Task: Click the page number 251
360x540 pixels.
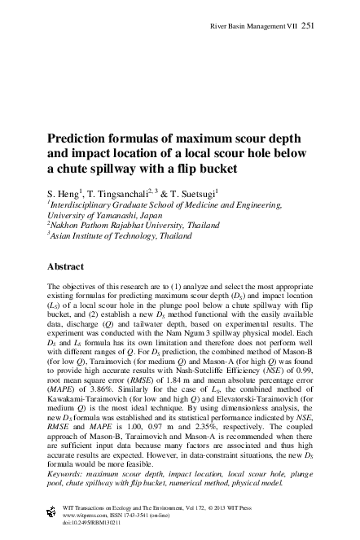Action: pos(309,26)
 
